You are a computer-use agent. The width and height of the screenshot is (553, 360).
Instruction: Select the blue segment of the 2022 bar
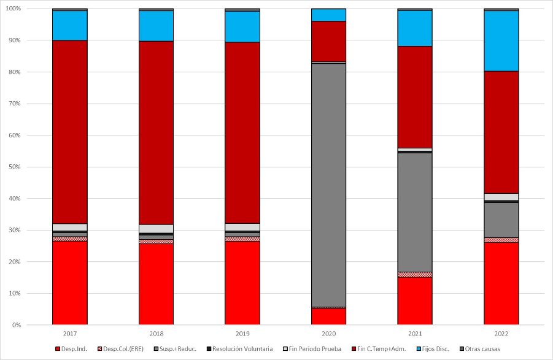point(501,41)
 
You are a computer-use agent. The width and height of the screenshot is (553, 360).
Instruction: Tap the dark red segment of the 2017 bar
point(69,132)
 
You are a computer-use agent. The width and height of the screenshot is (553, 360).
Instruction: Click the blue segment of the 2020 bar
point(328,15)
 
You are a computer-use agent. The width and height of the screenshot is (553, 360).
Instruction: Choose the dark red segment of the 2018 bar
point(156,132)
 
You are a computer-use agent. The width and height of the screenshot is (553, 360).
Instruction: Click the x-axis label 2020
point(328,334)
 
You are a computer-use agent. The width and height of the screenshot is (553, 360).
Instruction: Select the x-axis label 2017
point(69,334)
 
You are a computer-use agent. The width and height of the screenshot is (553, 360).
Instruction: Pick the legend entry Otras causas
point(481,349)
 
